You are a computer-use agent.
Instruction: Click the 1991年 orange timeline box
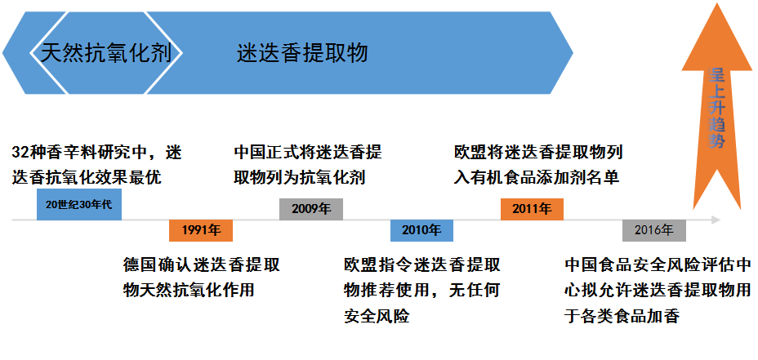coord(201,231)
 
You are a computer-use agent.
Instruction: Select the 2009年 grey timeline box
coord(310,209)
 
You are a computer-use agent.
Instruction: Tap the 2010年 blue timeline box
coord(421,231)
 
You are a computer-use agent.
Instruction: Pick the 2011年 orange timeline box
coord(532,209)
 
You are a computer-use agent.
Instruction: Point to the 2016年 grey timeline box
coord(653,231)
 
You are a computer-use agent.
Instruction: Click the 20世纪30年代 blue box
coord(79,204)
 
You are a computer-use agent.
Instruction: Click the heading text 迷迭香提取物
coord(302,54)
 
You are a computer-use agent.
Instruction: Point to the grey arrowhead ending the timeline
coord(716,220)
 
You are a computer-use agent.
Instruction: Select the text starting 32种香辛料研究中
coord(97,163)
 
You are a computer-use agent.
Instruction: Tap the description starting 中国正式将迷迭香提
coord(308,164)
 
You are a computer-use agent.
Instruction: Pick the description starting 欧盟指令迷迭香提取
coord(421,290)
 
